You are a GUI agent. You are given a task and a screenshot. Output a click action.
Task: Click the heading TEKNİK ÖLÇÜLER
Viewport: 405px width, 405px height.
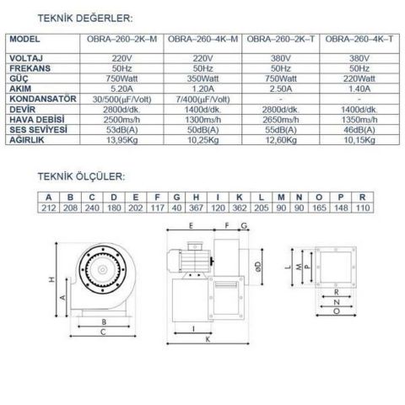click(x=80, y=178)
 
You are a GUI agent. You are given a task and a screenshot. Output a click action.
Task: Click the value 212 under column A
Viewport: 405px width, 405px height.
click(x=48, y=207)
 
